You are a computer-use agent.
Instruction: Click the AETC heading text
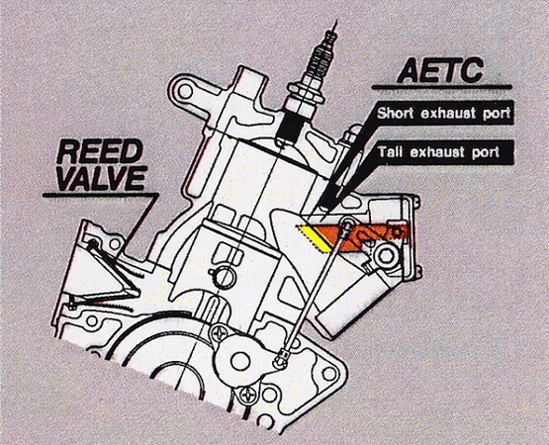[x=440, y=70]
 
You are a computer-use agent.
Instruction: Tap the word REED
[x=100, y=152]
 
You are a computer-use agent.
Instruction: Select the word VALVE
[x=102, y=178]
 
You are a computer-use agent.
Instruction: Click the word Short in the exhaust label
[x=396, y=113]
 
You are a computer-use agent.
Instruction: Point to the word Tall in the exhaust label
[x=390, y=152]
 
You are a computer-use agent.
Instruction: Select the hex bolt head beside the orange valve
[x=386, y=257]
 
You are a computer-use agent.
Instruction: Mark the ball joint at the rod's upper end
[x=347, y=223]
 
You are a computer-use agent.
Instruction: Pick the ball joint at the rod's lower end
[x=281, y=360]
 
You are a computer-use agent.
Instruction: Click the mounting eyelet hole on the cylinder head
[x=185, y=91]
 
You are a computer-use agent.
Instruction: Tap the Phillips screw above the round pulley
[x=221, y=332]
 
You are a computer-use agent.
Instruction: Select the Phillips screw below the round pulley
[x=248, y=394]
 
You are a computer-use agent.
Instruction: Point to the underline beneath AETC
[x=441, y=87]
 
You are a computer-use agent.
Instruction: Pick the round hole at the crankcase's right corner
[x=329, y=374]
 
